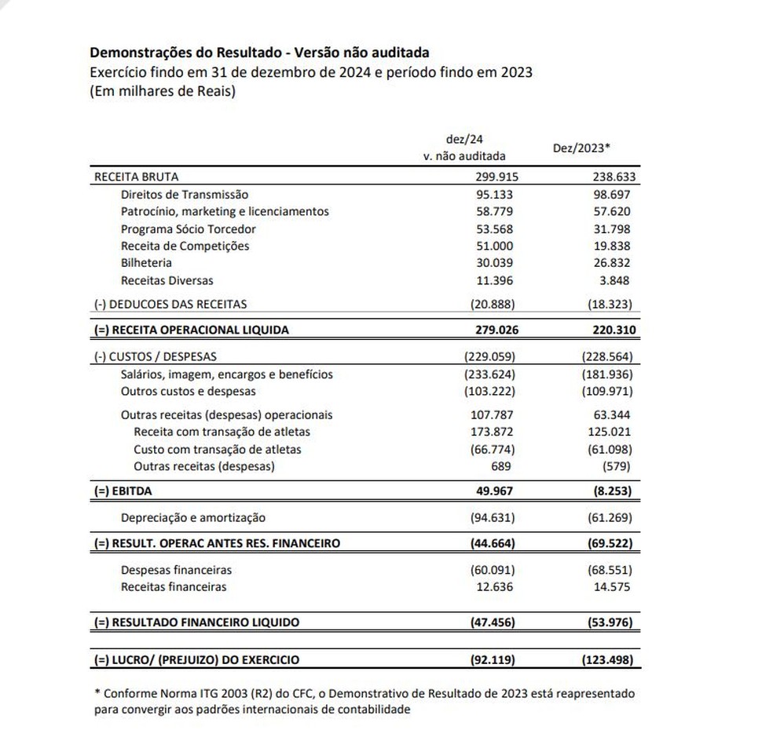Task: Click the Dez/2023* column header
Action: pos(582,148)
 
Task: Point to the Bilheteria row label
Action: pos(146,263)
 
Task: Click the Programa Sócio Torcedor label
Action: pos(189,228)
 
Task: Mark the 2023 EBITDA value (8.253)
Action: pos(610,491)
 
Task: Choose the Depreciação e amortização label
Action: pos(193,517)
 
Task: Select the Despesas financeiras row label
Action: pos(176,570)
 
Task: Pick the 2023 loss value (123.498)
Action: pos(606,660)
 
